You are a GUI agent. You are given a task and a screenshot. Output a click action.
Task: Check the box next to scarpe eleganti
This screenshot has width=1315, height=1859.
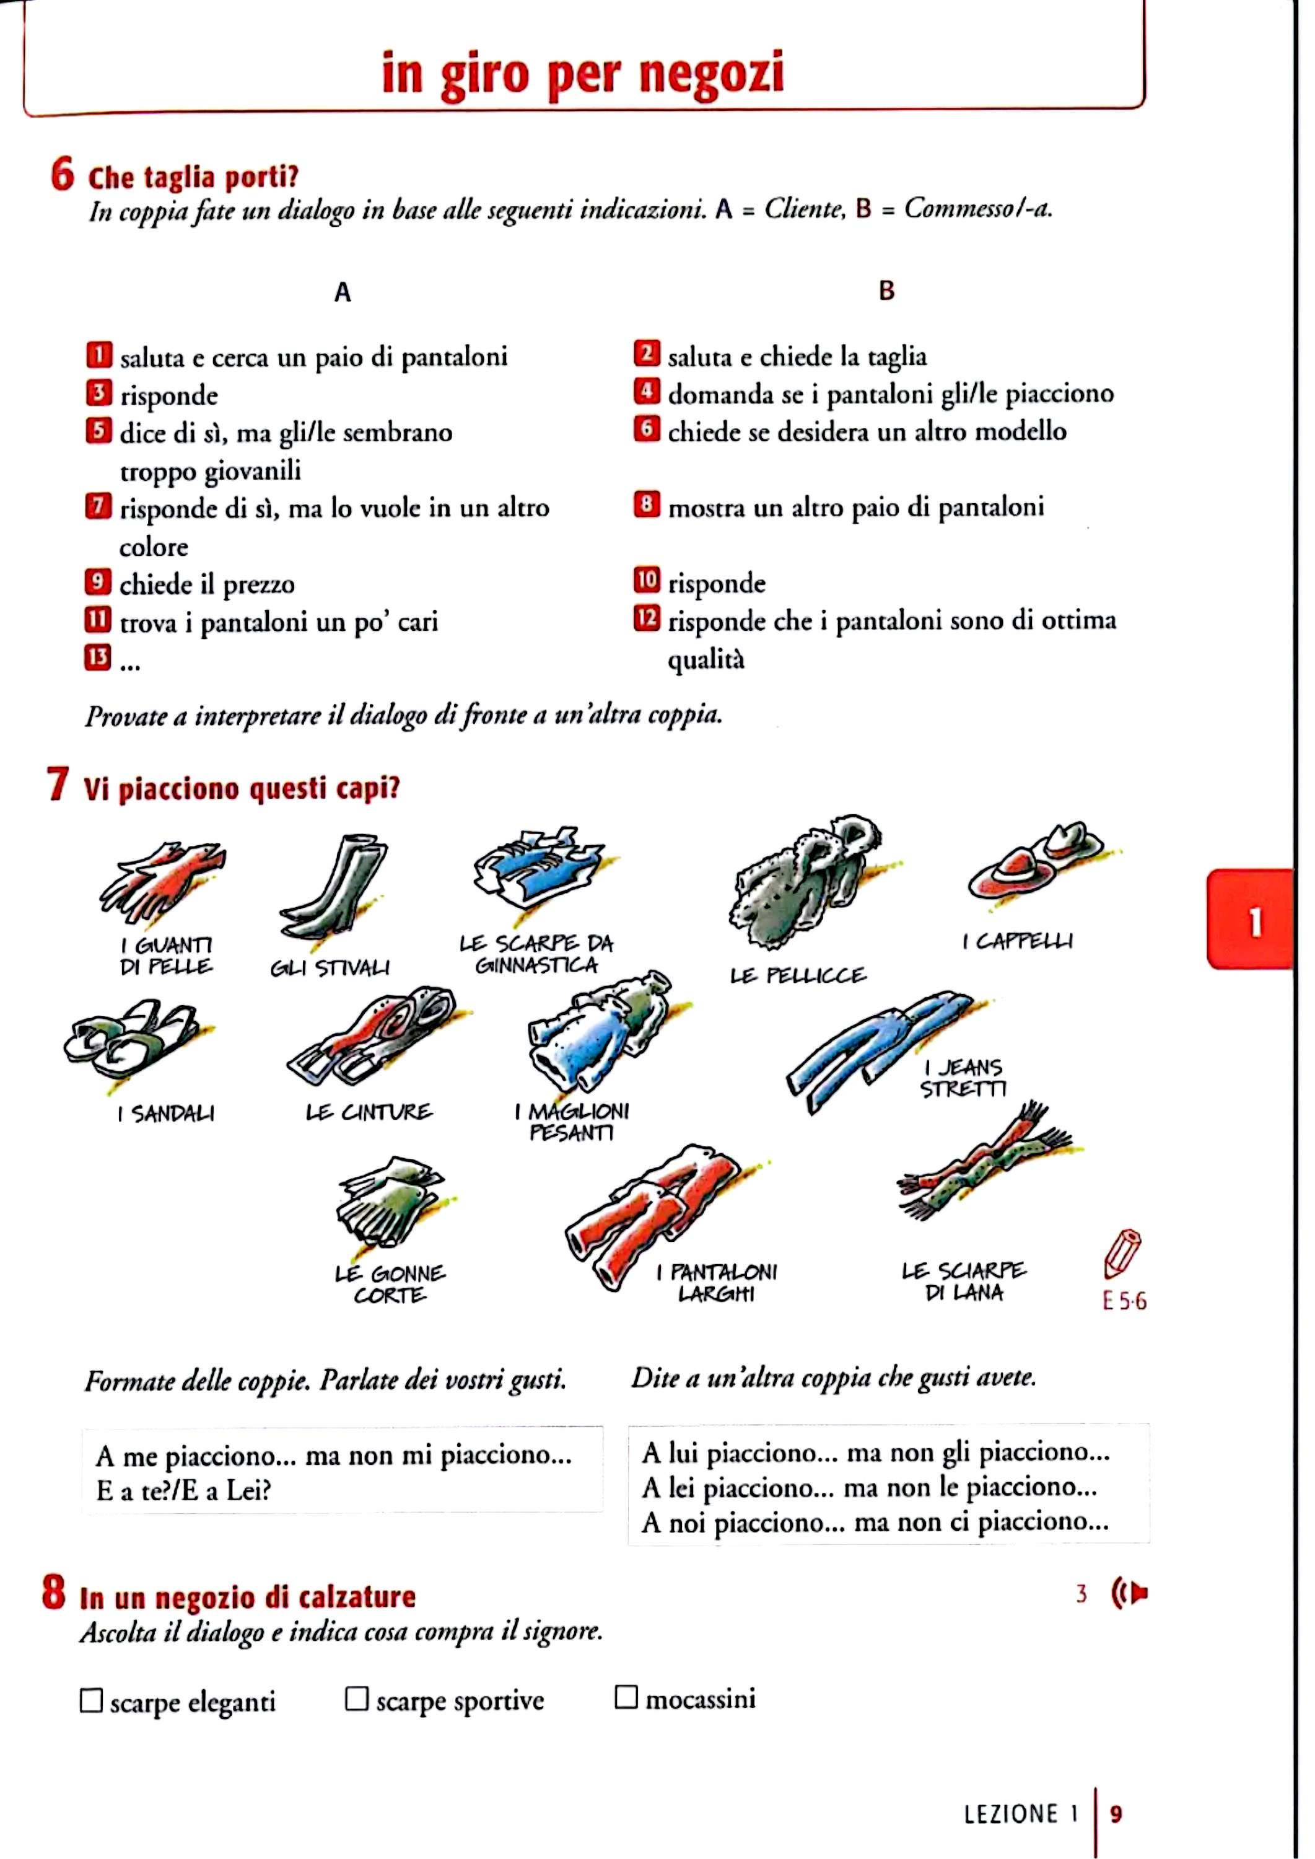pyautogui.click(x=92, y=1700)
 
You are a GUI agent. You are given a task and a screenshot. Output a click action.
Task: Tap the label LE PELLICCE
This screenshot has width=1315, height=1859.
pyautogui.click(x=798, y=975)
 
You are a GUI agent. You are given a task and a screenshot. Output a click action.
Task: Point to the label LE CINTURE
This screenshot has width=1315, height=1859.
pyautogui.click(x=369, y=1112)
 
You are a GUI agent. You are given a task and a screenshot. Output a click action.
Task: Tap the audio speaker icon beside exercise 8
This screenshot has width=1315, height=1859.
pyautogui.click(x=1130, y=1593)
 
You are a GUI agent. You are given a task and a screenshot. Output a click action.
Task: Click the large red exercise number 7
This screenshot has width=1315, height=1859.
pyautogui.click(x=58, y=785)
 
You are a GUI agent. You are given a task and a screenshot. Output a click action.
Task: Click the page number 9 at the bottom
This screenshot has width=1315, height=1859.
pyautogui.click(x=1116, y=1814)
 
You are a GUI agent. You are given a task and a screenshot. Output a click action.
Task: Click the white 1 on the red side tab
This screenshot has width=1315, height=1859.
pyautogui.click(x=1255, y=921)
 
